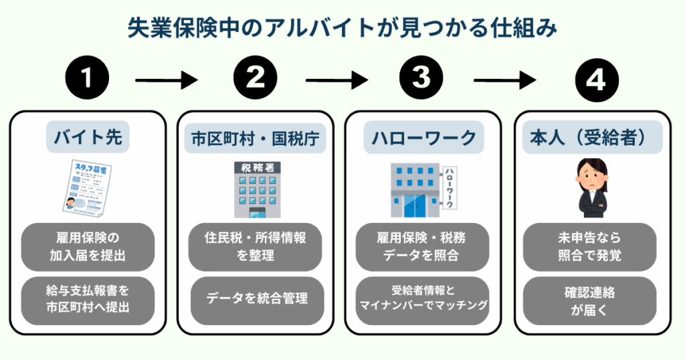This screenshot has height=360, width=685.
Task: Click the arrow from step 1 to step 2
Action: point(167,82)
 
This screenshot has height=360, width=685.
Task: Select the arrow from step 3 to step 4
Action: point(505,82)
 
